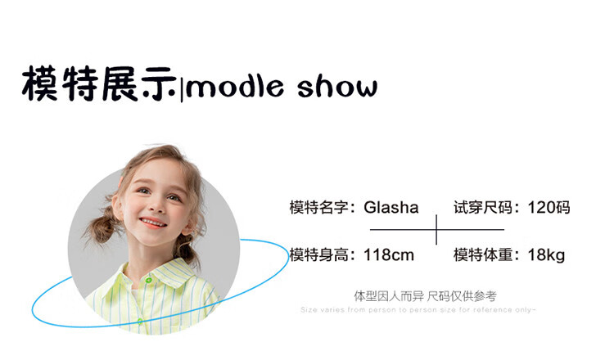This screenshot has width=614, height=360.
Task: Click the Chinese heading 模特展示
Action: pos(99,83)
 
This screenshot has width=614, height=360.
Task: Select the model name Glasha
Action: pos(391,207)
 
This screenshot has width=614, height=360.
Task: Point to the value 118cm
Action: pos(388,255)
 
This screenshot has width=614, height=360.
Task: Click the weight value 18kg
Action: pos(546,255)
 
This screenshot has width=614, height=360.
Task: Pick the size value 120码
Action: pos(549,207)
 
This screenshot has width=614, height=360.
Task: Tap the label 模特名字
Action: pos(318,207)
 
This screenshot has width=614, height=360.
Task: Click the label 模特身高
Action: pos(318,255)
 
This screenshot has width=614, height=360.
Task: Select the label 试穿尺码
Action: pos(483,207)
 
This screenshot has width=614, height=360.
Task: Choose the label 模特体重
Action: pos(483,255)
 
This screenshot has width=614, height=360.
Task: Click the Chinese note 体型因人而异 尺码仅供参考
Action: pos(425,296)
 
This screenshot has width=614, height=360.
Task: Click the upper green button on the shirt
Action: pos(148,280)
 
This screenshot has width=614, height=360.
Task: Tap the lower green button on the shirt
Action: pos(140,322)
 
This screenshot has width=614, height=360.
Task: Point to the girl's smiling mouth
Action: pos(152,223)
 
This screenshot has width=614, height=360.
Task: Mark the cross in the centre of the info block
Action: pos(436,230)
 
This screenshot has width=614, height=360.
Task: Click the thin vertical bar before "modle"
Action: pos(182,90)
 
